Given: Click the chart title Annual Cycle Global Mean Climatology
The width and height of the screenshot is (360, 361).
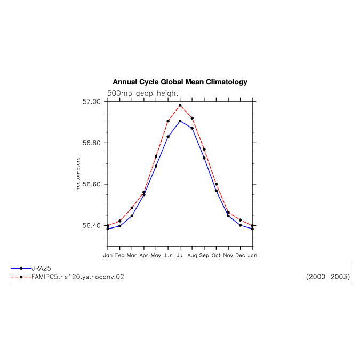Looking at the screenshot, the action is point(180,82).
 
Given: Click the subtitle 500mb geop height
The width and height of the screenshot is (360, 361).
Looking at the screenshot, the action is point(142,93).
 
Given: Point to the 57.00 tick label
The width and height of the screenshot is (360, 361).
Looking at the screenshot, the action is point(92,101).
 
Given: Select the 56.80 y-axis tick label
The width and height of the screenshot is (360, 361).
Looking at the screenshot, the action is point(92,143).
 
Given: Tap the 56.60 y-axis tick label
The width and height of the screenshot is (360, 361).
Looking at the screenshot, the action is point(92,184).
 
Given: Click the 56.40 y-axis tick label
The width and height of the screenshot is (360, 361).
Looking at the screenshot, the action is point(92,226).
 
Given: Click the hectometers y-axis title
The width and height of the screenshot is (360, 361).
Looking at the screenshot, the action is point(78,174).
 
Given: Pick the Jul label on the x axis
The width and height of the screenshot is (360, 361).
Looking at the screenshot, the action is point(180,255).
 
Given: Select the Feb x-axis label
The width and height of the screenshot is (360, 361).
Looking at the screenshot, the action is point(120,255).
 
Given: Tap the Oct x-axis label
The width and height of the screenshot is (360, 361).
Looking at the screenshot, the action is point(216,255).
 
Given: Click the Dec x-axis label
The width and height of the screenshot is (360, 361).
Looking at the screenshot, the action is point(240,255).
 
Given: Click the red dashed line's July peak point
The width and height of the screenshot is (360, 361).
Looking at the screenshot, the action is point(180,105).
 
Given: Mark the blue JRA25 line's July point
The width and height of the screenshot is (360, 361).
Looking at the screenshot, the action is point(180,121).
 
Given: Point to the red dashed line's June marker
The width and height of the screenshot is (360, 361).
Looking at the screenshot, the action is point(168,121).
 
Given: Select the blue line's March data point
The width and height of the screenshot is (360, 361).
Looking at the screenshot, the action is point(132,216).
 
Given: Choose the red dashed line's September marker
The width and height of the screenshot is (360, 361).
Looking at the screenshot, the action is point(204,150).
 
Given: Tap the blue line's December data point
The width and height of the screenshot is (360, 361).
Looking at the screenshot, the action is point(240,225).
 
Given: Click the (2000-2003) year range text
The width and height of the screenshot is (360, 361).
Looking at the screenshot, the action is point(328,277).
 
